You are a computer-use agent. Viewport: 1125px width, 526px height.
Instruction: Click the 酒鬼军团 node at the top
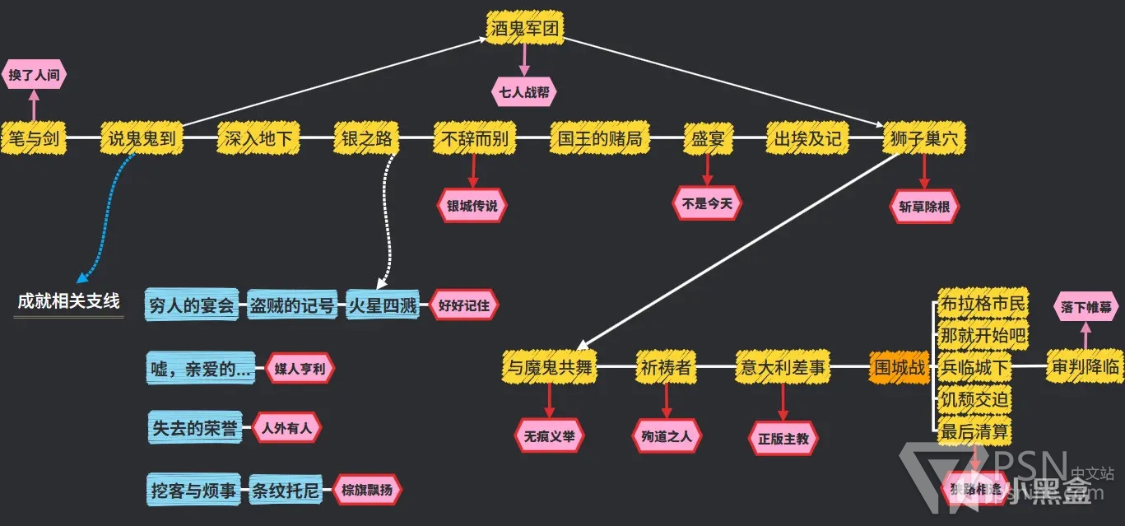pos(524,29)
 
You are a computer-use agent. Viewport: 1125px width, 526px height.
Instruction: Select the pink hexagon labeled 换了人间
pos(35,75)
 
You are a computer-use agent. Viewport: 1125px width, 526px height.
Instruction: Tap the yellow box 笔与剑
pos(35,138)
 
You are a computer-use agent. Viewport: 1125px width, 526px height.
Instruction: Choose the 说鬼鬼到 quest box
pos(142,138)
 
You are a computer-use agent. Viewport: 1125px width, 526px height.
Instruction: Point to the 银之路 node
pos(366,138)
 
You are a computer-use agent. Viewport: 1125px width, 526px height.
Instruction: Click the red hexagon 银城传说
pos(472,206)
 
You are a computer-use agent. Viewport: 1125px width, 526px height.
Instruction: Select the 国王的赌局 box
pos(599,138)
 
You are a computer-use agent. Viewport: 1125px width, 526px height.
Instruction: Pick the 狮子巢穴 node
pos(923,138)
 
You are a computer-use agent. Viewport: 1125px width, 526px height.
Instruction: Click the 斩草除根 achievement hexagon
pos(924,207)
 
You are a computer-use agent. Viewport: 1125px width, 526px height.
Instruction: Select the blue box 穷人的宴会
pos(193,305)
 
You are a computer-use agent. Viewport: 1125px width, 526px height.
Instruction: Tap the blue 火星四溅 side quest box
pos(383,305)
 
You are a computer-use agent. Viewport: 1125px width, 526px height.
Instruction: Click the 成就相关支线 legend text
pos(69,301)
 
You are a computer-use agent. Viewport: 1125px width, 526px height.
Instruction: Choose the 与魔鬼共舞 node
pos(549,368)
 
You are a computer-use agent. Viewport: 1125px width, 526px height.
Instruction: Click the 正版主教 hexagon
pos(783,439)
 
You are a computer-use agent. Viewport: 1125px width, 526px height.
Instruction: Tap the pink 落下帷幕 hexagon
pos(1085,307)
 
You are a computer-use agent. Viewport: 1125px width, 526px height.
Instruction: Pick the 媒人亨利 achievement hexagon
pos(300,369)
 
